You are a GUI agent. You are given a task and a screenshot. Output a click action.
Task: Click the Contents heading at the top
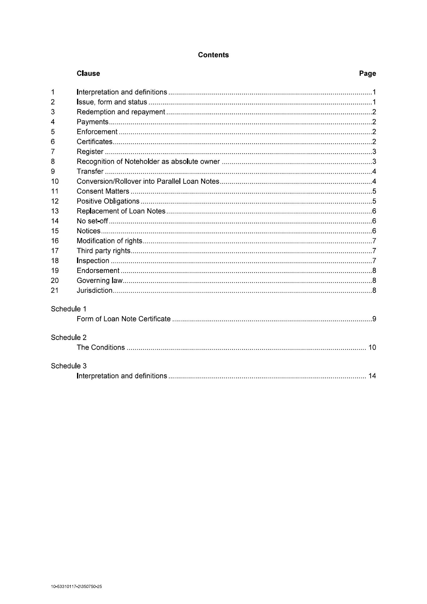(213, 55)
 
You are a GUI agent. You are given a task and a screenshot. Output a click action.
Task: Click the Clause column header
(88, 73)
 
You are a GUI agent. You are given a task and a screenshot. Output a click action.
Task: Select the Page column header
(367, 73)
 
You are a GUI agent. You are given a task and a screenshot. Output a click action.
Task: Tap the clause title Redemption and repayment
(121, 112)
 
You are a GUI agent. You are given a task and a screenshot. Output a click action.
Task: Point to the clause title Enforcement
(97, 132)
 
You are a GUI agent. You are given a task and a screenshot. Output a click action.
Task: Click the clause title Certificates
(95, 142)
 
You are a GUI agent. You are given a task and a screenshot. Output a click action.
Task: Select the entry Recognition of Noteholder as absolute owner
(148, 162)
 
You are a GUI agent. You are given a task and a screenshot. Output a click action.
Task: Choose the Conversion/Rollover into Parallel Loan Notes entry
(148, 181)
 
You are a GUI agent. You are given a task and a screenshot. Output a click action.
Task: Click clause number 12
(54, 201)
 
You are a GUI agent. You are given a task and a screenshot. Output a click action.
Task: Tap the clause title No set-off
(92, 221)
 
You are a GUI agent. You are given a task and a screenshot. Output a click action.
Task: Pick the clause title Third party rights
(104, 251)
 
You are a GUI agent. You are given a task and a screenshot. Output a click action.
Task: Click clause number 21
(54, 290)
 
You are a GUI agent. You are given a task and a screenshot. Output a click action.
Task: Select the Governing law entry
(100, 280)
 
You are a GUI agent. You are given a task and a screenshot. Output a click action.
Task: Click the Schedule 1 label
(69, 309)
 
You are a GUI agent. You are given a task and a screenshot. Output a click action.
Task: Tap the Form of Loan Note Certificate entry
(124, 319)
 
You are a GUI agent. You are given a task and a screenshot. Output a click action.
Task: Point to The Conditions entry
(101, 347)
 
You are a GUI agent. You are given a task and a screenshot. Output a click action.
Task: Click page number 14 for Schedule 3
(372, 376)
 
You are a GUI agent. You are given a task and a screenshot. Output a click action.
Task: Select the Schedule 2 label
(69, 337)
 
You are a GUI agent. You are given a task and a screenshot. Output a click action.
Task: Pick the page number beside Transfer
(374, 172)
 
